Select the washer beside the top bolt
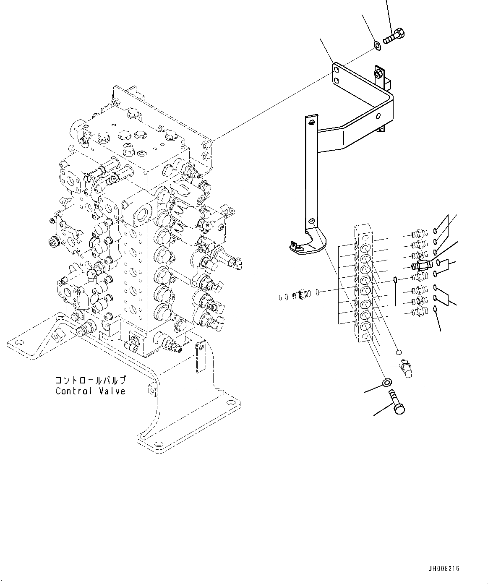click(x=377, y=44)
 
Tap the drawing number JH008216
click(x=444, y=568)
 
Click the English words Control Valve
click(x=90, y=391)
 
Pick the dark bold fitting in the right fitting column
click(x=421, y=265)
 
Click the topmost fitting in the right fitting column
click(x=418, y=233)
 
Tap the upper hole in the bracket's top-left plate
click(x=336, y=70)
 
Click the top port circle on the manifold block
click(x=366, y=237)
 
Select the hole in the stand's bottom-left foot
click(x=18, y=343)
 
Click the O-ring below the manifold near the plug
click(x=399, y=352)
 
